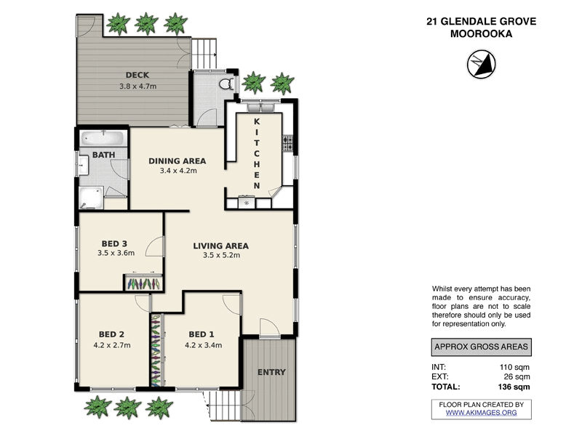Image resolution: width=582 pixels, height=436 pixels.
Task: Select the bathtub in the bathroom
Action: [x=103, y=138]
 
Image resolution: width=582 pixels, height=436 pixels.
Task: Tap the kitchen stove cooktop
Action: [x=290, y=143]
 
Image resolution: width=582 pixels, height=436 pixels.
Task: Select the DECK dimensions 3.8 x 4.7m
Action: [x=137, y=86]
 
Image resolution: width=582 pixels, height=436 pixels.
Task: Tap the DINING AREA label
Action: [x=178, y=161]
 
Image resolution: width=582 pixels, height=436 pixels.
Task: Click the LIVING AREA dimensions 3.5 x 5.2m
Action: [x=221, y=255]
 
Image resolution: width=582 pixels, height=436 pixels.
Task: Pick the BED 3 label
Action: [x=115, y=243]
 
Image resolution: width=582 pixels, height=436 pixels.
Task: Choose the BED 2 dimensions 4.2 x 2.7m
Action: [x=112, y=345]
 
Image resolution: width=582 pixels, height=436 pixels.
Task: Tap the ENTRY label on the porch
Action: [x=271, y=373]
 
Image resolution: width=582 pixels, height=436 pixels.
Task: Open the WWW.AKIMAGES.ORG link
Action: [x=481, y=413]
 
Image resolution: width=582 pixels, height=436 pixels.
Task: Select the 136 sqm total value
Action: [x=513, y=387]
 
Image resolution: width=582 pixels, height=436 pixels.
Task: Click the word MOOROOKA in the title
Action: [x=481, y=34]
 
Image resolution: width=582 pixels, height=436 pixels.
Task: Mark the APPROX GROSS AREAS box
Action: [x=481, y=347]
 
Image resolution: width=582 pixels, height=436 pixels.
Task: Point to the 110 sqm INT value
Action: [x=515, y=367]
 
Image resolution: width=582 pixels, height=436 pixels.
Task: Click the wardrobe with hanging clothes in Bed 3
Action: [x=143, y=283]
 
